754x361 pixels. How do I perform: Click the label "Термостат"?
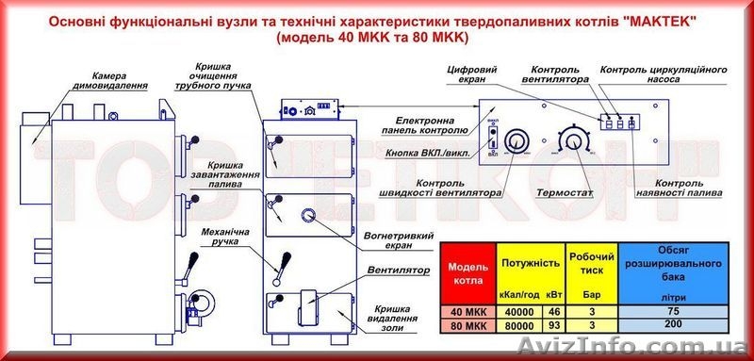pyautogui.click(x=565, y=191)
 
